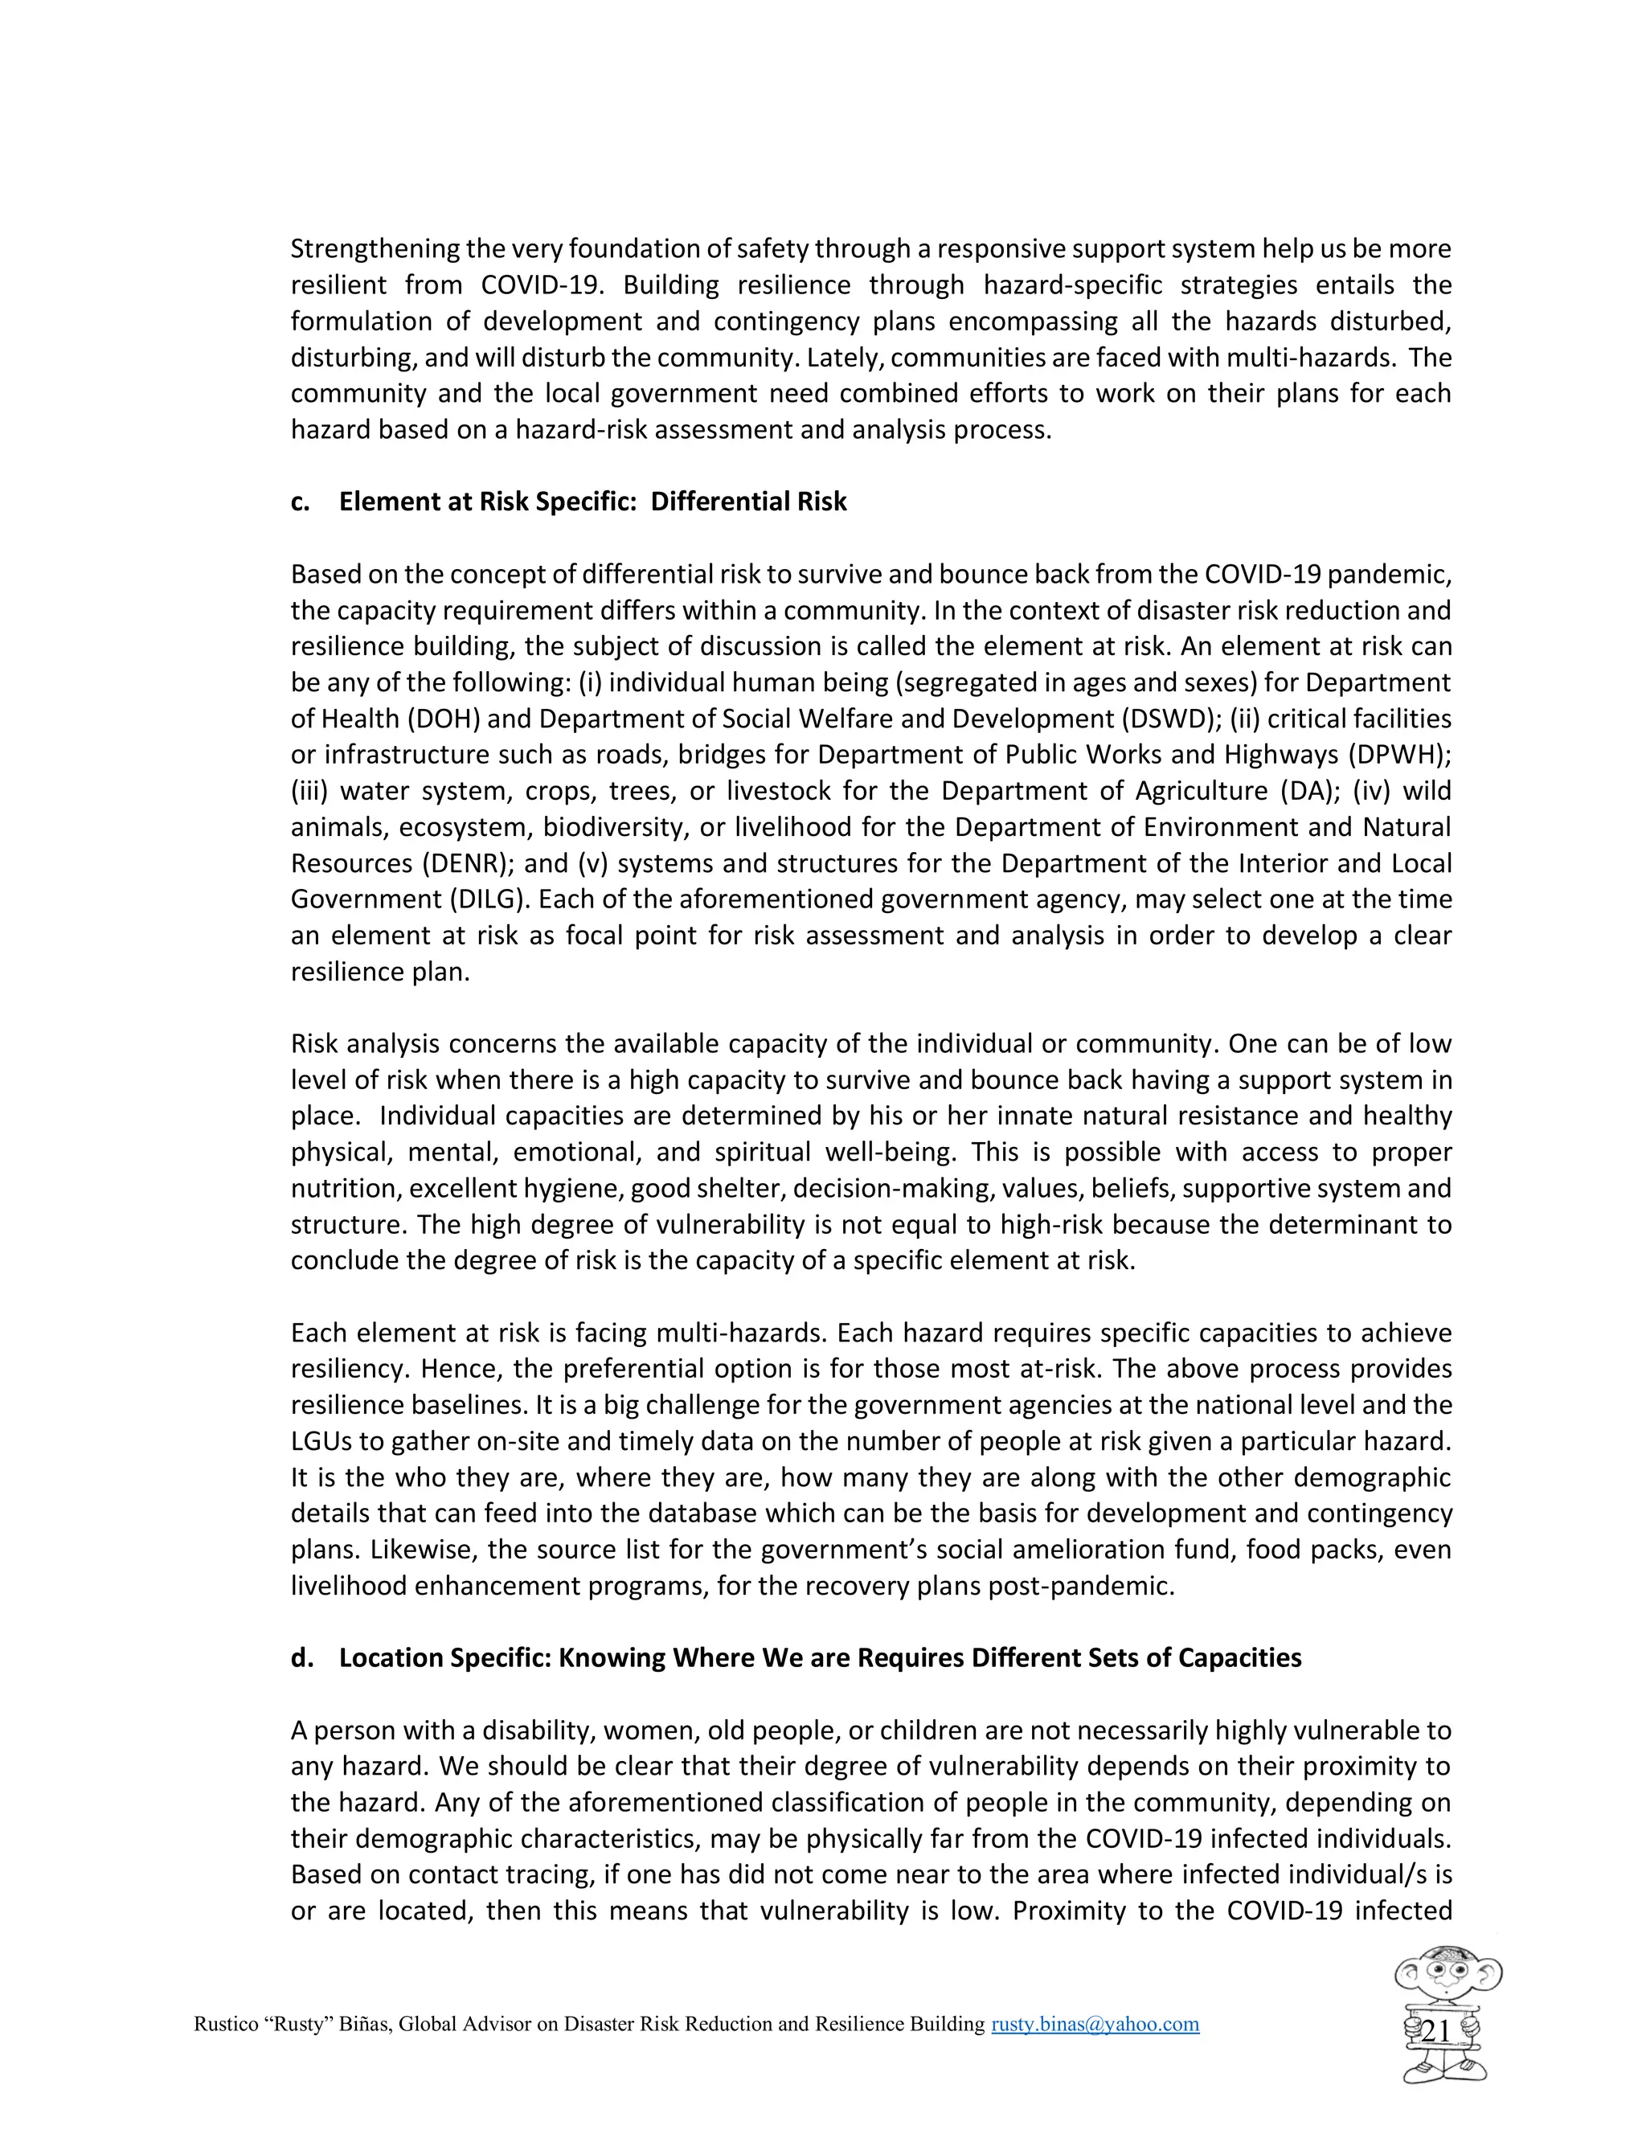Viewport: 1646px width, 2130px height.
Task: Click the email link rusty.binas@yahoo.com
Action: click(x=1095, y=2024)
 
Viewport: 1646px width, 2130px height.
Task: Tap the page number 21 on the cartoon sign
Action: click(x=1435, y=2031)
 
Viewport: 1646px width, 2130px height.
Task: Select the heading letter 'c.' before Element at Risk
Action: click(x=301, y=502)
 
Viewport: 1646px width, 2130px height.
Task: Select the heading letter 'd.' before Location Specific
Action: click(x=301, y=1658)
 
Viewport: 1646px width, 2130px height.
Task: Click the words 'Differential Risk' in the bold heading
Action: click(x=748, y=502)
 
